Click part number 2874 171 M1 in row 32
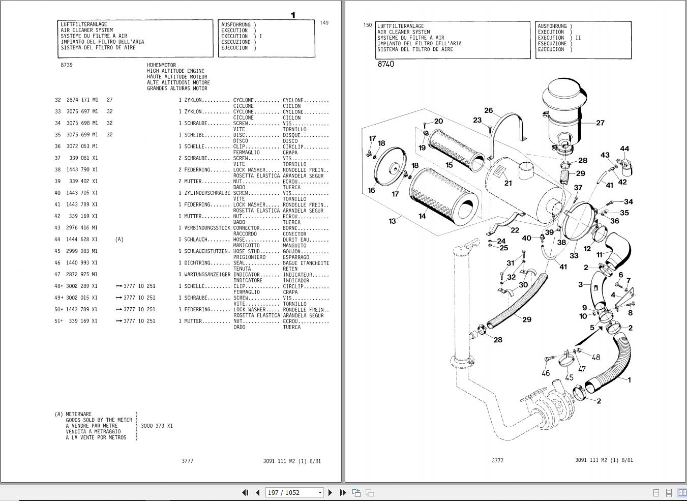click(x=82, y=100)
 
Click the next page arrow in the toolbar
click(x=331, y=492)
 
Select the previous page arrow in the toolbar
click(x=257, y=492)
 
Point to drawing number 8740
click(x=385, y=64)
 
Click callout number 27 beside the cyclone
click(x=600, y=123)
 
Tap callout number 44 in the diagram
click(x=624, y=149)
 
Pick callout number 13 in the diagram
click(x=392, y=221)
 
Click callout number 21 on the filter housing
click(x=508, y=183)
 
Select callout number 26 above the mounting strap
click(x=489, y=110)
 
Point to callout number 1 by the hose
click(x=630, y=379)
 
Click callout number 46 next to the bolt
click(x=546, y=373)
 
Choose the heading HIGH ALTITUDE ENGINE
click(x=175, y=71)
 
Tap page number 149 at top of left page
click(x=324, y=23)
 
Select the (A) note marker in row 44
click(x=119, y=240)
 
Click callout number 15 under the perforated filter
click(x=449, y=165)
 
